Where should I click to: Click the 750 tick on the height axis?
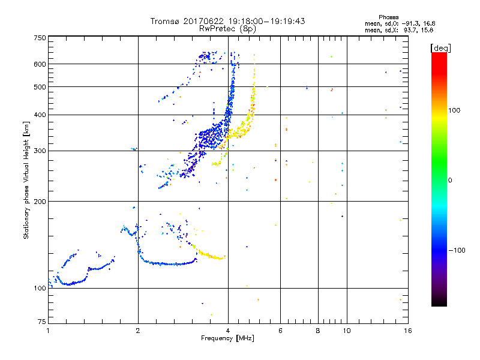coord(40,37)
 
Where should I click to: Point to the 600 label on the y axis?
coord(40,64)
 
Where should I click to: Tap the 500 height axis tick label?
coord(40,87)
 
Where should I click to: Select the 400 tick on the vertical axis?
coord(40,115)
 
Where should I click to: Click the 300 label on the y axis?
coord(40,151)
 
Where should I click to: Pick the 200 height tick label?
coord(40,202)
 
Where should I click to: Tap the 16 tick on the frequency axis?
coord(408,331)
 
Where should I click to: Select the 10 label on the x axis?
coord(346,331)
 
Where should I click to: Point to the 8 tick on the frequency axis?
coord(318,331)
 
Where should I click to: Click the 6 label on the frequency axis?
coord(281,331)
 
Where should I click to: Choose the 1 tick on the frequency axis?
coord(49,331)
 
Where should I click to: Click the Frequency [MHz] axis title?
coord(228,339)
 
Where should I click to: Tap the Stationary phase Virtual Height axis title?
coord(26,181)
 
